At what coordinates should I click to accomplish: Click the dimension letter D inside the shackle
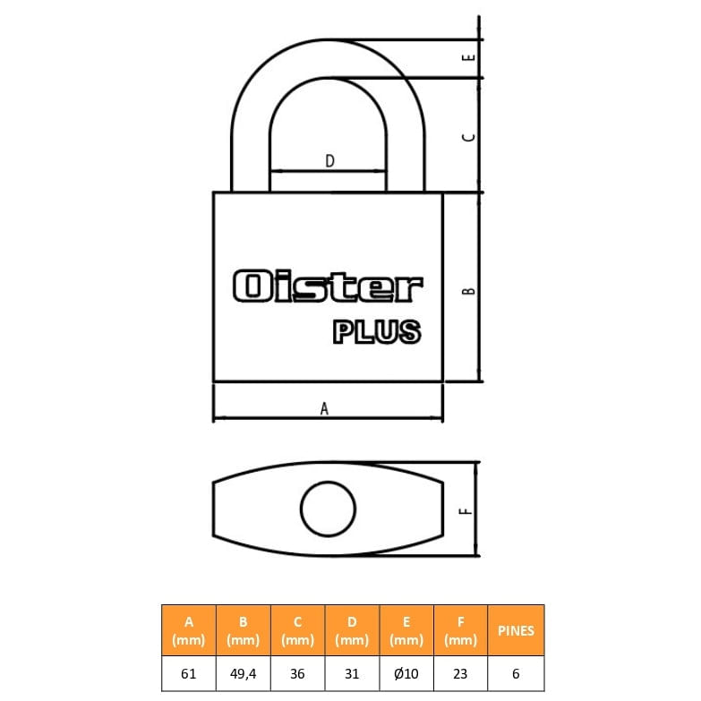tap(329, 161)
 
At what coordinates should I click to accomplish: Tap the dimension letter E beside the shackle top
tap(468, 57)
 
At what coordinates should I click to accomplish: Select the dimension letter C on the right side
tap(468, 137)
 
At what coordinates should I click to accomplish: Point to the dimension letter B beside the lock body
tap(468, 291)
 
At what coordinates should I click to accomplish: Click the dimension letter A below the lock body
tap(324, 408)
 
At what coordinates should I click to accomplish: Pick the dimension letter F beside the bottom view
tap(466, 510)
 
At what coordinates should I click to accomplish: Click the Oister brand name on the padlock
tap(328, 286)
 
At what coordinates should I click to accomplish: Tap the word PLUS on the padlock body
tap(377, 331)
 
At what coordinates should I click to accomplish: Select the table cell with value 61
tap(189, 673)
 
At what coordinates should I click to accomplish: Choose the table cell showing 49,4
tap(244, 673)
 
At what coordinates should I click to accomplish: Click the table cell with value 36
tap(298, 673)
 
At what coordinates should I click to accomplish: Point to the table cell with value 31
tap(352, 673)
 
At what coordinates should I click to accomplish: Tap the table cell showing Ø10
tap(406, 673)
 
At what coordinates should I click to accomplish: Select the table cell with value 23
tap(460, 673)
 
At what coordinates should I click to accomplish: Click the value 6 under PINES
tap(516, 673)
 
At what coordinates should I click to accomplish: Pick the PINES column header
tap(516, 630)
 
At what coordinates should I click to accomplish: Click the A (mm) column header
tap(189, 630)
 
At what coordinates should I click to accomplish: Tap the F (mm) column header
tap(460, 630)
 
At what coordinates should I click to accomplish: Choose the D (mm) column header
tap(352, 630)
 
